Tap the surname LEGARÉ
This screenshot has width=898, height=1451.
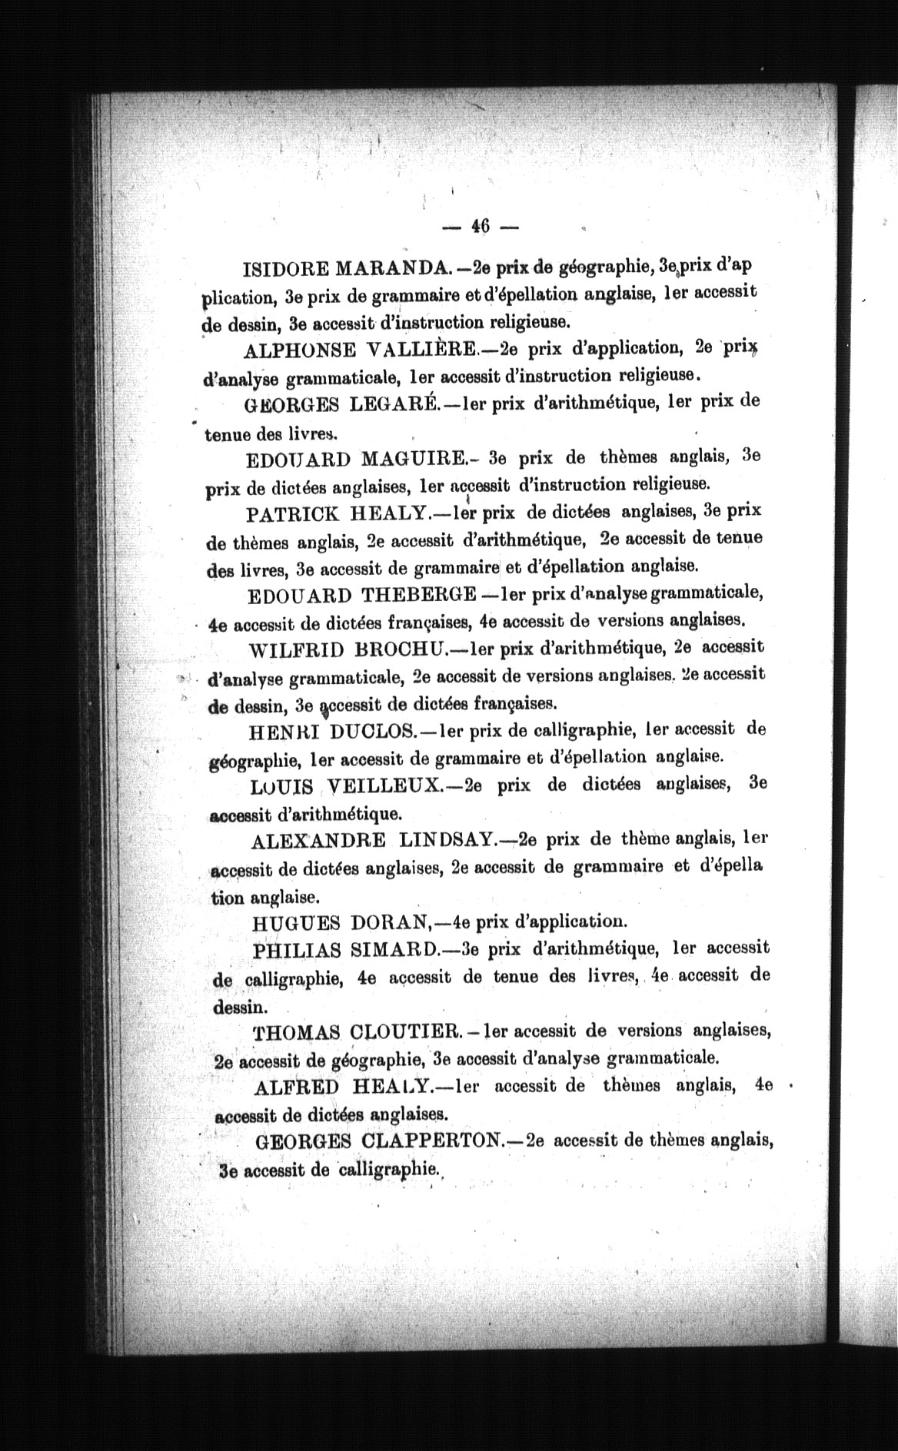click(394, 403)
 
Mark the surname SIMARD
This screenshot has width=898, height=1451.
click(393, 949)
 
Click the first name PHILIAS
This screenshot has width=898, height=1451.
click(297, 949)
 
